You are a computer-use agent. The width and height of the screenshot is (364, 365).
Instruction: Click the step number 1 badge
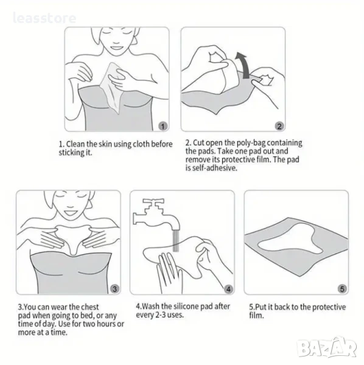point(163,126)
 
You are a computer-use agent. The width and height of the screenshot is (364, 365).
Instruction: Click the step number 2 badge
point(279,126)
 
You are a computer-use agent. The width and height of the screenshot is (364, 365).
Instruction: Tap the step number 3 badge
point(114,289)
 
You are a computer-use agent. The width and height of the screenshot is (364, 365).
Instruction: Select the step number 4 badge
point(228,289)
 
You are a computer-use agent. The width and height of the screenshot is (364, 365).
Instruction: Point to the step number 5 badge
point(342,289)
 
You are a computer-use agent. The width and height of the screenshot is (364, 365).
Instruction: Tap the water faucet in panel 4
point(156,215)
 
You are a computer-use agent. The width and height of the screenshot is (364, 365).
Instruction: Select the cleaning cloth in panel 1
point(112,88)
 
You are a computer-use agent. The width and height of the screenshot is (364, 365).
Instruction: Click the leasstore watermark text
point(44,18)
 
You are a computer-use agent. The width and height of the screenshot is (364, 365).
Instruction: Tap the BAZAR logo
point(327,348)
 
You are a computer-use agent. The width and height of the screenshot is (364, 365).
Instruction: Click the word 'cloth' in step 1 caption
point(141,144)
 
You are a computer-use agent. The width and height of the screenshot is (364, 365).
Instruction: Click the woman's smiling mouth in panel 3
point(70,212)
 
